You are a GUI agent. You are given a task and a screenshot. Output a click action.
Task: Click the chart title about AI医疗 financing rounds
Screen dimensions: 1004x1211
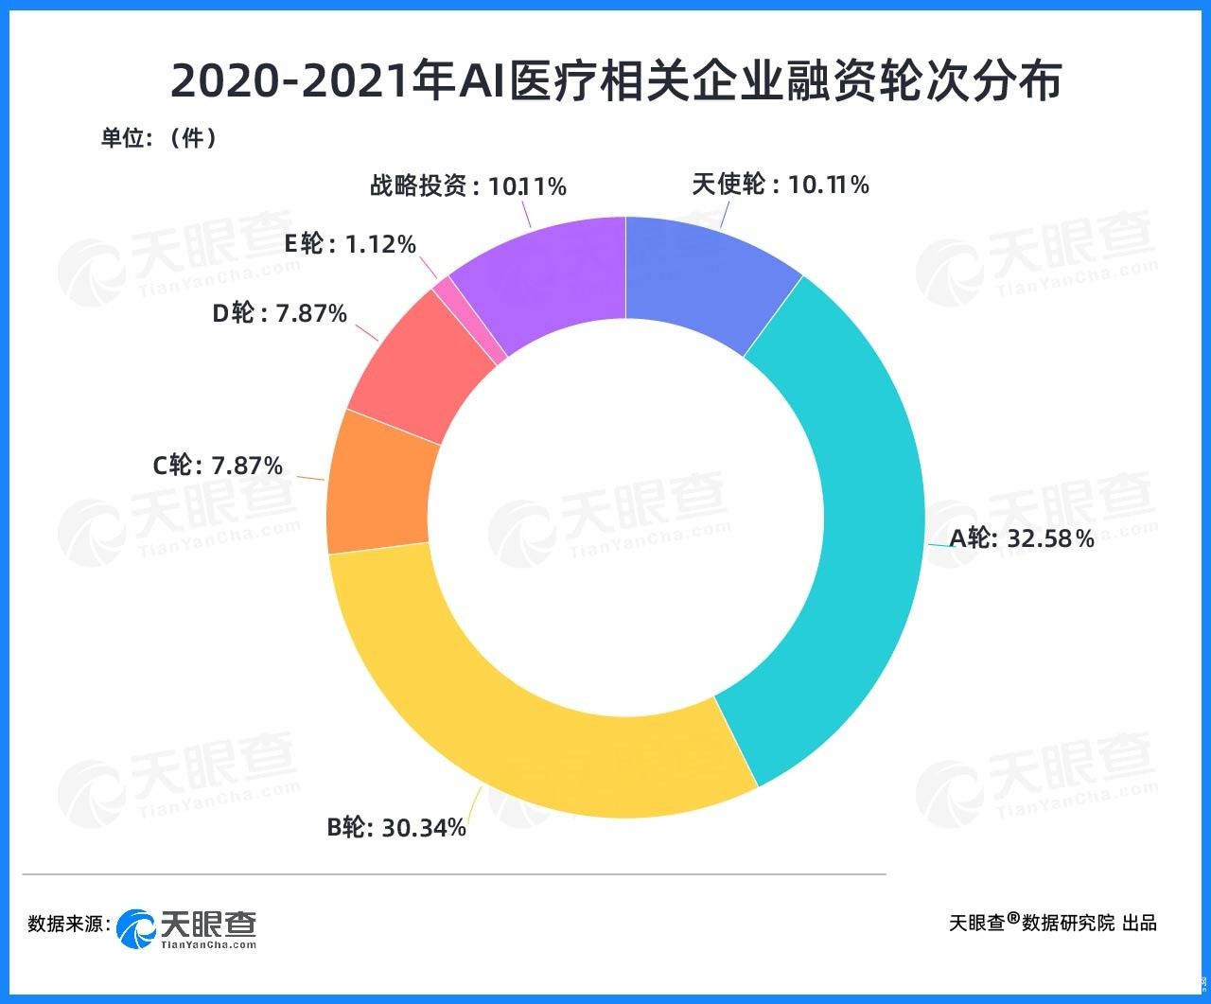click(616, 82)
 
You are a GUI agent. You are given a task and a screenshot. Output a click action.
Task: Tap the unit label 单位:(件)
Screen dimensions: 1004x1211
click(159, 138)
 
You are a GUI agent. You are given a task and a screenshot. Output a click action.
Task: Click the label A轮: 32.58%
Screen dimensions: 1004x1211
click(1022, 539)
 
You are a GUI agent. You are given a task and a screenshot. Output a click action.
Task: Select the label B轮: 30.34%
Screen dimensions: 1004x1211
click(396, 827)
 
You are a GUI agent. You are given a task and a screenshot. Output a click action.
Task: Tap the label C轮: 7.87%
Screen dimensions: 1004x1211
click(218, 466)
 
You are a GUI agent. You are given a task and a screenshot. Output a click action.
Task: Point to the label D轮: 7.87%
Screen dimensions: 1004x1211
click(279, 313)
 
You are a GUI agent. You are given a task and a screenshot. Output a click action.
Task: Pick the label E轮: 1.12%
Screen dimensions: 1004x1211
click(350, 244)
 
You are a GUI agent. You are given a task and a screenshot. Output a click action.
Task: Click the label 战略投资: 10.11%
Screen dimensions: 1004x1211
click(467, 186)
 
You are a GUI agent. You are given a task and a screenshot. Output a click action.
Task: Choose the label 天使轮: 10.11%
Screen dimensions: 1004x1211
click(780, 185)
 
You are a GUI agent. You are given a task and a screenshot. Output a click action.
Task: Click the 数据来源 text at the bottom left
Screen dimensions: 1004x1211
click(69, 924)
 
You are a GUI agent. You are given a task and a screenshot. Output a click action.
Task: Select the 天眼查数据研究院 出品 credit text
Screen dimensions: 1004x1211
click(1052, 923)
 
